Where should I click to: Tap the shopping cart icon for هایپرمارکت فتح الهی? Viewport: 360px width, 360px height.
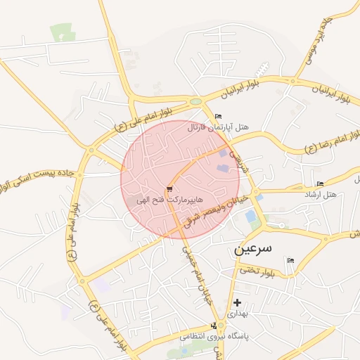tap(169, 188)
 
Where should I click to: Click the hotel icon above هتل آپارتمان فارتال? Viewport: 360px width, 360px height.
tap(218, 116)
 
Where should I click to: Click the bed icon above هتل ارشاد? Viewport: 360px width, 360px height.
tap(321, 184)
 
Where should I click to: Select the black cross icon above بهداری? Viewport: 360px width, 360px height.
tap(237, 302)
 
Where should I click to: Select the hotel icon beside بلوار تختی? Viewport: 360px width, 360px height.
tap(290, 261)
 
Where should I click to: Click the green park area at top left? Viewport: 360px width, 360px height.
tap(62, 32)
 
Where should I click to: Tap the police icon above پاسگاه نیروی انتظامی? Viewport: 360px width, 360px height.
tap(214, 326)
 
